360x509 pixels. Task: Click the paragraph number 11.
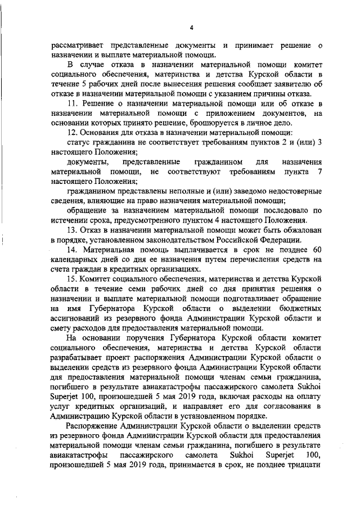point(72,105)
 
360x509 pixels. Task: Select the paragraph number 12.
point(72,133)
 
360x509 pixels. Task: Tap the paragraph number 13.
point(72,231)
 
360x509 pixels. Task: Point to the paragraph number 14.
point(72,250)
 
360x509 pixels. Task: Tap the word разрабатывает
point(77,358)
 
